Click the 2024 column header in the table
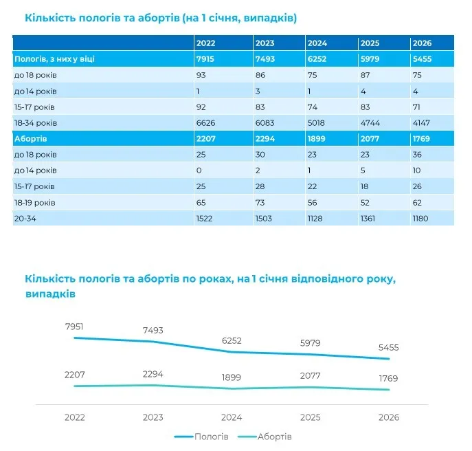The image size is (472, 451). click(317, 43)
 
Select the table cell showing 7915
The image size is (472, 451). click(205, 58)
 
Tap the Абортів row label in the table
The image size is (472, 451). click(30, 139)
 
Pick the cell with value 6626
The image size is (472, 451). click(205, 123)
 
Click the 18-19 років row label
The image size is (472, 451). click(34, 202)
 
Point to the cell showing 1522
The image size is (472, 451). click(204, 219)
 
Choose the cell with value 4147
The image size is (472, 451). click(421, 123)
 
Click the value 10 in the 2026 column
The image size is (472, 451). click(416, 170)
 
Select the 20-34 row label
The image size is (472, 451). click(25, 219)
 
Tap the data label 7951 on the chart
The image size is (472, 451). click(74, 327)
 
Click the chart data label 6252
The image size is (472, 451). click(232, 341)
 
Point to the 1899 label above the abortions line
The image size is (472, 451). click(231, 377)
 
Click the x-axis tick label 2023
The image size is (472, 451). click(153, 417)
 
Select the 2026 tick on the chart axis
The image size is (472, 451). click(389, 417)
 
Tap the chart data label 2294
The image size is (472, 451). click(153, 374)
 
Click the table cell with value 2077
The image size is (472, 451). click(370, 139)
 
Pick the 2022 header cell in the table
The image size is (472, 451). click(205, 43)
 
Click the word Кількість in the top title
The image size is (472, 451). click(50, 18)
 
